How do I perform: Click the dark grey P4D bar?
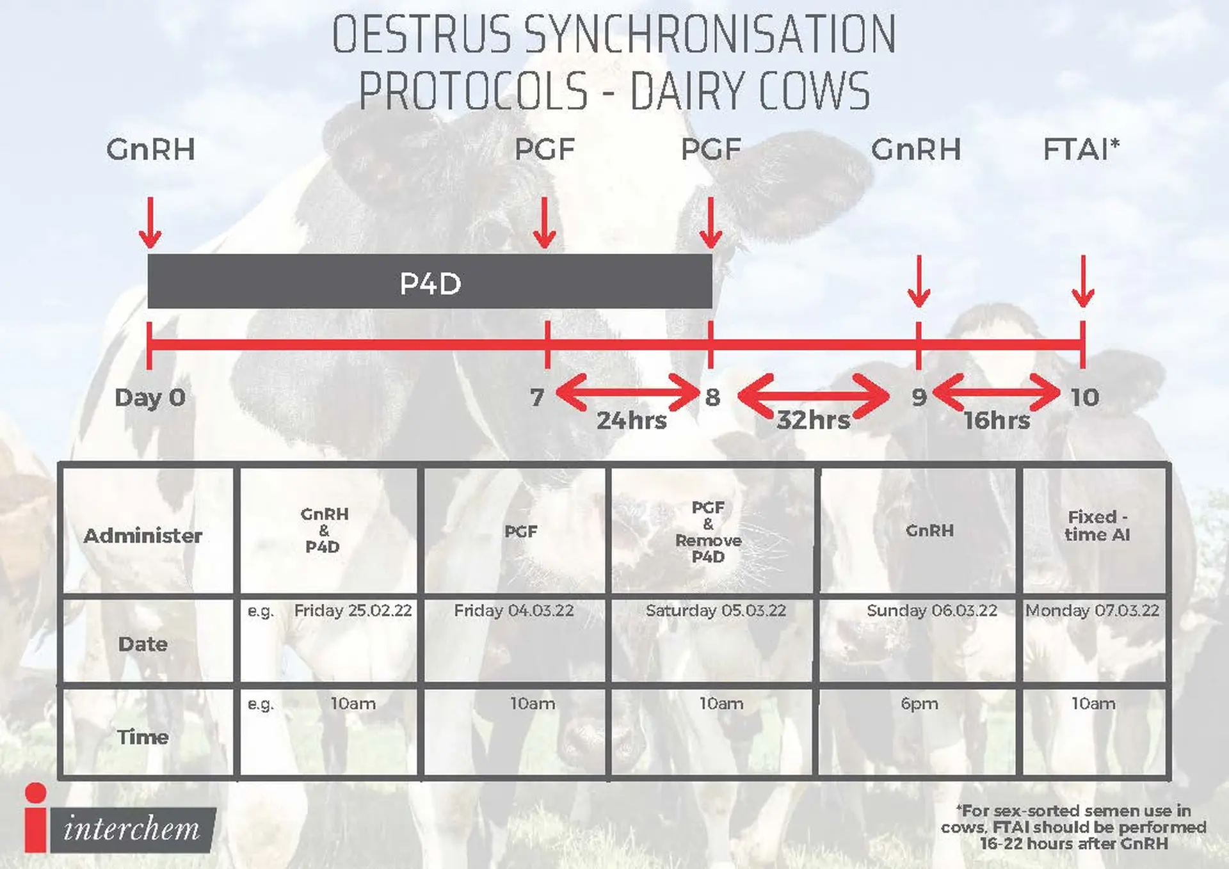tap(430, 282)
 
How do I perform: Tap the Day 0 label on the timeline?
tap(150, 397)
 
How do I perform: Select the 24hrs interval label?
tap(632, 420)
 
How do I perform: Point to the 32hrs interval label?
tap(814, 420)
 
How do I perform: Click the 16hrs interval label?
tap(997, 420)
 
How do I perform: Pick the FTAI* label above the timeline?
tap(1081, 149)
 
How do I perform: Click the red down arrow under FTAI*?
tap(1083, 281)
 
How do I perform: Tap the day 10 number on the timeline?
tap(1085, 397)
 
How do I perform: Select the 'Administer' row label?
tap(143, 536)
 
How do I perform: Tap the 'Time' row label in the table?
tap(143, 737)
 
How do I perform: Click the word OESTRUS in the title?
tap(422, 35)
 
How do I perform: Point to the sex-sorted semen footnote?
tap(1073, 827)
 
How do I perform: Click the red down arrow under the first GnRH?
tap(150, 223)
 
